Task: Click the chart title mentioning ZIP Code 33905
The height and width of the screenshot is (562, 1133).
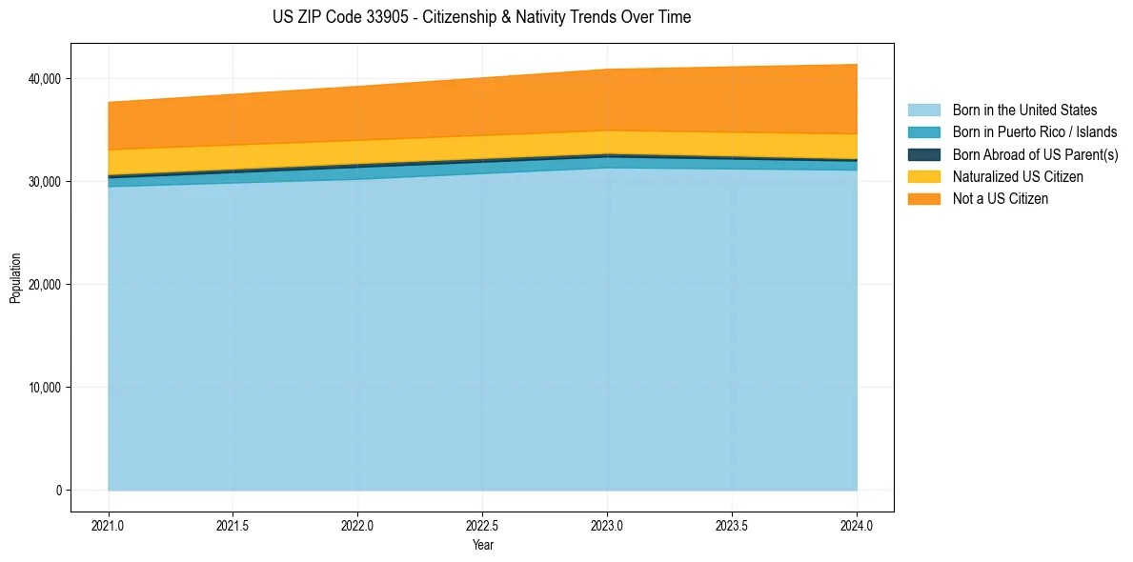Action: click(482, 17)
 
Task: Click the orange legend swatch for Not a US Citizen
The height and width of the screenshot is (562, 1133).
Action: click(923, 199)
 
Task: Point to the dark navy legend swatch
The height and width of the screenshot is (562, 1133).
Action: click(923, 154)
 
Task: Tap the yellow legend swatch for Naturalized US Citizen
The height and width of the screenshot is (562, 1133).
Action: click(923, 177)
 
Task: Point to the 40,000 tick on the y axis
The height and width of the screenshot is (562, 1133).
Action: click(44, 78)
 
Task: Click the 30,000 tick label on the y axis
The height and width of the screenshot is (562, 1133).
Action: click(44, 181)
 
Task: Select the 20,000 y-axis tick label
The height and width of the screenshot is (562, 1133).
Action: click(44, 285)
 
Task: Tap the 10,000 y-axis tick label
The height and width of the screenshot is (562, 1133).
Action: click(44, 388)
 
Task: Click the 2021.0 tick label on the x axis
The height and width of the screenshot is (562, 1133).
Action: click(109, 524)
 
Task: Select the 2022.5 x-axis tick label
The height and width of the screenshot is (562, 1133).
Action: click(483, 524)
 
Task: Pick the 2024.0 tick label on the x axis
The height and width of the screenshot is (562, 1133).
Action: click(857, 524)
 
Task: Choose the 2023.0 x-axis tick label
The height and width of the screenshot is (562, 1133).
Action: click(607, 524)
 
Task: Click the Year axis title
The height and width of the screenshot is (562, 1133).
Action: click(482, 545)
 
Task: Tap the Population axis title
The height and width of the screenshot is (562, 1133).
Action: click(15, 278)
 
